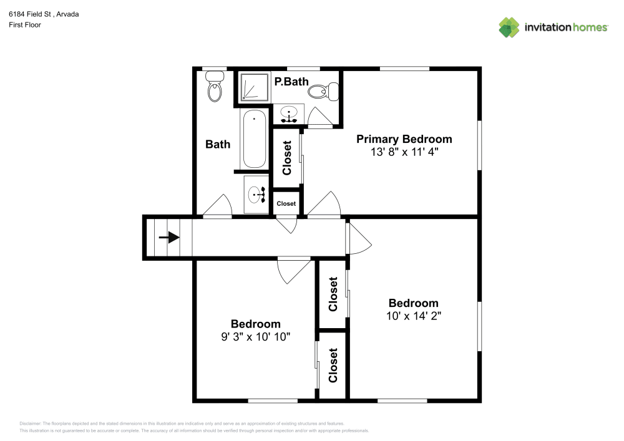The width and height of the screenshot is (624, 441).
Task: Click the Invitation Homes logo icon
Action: coord(509,27)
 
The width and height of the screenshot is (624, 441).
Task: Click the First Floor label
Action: coord(25,25)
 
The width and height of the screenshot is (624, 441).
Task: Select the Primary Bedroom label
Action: coord(404,139)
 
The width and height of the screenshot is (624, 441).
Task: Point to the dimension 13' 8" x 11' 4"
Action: coord(404,152)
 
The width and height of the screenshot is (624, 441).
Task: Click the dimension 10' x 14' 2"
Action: coord(414,316)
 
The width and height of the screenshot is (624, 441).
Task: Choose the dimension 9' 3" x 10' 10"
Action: coord(255,336)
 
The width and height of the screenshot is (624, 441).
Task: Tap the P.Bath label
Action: coord(291,81)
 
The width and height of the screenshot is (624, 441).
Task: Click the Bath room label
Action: coord(218,144)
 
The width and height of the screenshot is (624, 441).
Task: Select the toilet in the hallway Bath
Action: coord(215,87)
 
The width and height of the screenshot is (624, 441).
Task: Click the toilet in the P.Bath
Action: coord(323,92)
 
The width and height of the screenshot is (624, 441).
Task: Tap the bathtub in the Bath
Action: coord(254,139)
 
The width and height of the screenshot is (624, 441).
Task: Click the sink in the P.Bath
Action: coord(288,115)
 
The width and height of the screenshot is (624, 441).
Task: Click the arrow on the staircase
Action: coord(168,238)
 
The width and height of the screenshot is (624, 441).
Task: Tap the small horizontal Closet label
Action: coord(286,203)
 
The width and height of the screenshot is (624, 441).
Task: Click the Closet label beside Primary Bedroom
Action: coord(287,157)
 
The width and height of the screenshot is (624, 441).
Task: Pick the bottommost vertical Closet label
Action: coord(333,366)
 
